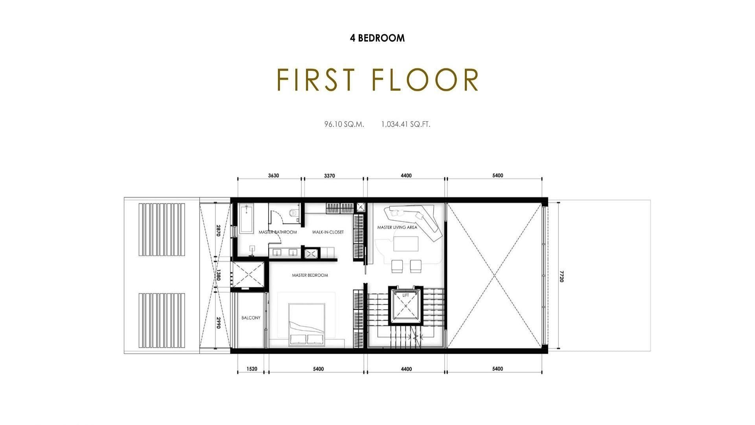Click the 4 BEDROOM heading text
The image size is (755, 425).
pos(377,38)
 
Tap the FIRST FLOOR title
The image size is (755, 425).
pos(378,80)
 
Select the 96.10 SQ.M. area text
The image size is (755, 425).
pos(344,124)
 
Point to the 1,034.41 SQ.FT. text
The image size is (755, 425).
pos(406,124)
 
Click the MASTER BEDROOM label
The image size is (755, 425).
pos(310,275)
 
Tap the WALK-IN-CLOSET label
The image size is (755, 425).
pos(328,232)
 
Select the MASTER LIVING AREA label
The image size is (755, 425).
pos(397,227)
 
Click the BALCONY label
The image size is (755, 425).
pos(251,318)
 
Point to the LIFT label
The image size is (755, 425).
pos(406,295)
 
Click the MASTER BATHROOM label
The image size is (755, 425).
pos(278,232)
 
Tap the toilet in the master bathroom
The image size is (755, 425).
pos(293,213)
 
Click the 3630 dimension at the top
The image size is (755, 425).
pos(274,176)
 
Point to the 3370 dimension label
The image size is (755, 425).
pos(330,176)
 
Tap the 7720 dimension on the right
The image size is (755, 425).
pos(562,276)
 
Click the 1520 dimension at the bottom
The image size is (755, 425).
pos(252,369)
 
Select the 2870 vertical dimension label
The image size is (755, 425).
pos(218,231)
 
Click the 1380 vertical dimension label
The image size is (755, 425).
pos(218,275)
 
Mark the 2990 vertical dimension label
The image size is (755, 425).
pos(218,322)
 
